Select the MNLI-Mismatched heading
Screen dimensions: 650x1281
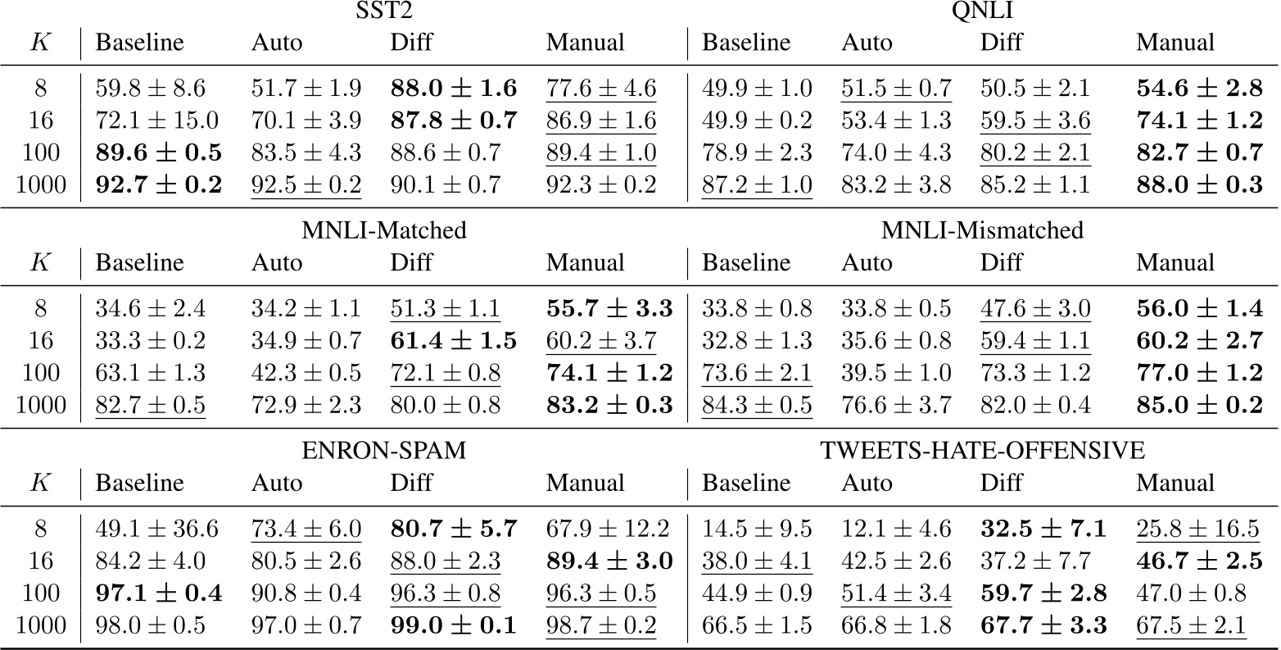[x=983, y=230]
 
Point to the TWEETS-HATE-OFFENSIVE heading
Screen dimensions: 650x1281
[x=982, y=450]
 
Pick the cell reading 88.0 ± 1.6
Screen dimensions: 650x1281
[x=453, y=89]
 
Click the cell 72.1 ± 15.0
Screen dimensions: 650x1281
[x=157, y=120]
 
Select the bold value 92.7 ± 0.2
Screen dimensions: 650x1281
[x=159, y=184]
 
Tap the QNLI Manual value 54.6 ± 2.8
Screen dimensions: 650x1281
[x=1199, y=89]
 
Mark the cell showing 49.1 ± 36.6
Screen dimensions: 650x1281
[x=157, y=529]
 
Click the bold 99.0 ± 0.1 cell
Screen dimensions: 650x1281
[x=453, y=625]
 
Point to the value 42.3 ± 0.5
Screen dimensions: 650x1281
[x=306, y=373]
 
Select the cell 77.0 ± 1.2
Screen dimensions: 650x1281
[x=1199, y=373]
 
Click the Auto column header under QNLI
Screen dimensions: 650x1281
[x=867, y=42]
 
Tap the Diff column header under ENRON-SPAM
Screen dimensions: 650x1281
[x=411, y=483]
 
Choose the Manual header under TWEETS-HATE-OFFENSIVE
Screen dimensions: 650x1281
[x=1175, y=483]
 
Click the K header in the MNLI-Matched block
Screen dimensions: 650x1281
[x=40, y=263]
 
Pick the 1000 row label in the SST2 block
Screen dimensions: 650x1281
[x=40, y=184]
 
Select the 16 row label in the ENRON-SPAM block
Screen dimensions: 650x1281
[x=40, y=561]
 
